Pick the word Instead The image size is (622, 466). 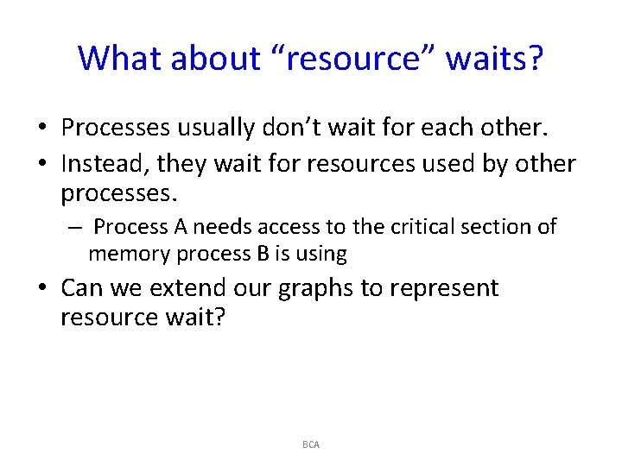click(x=105, y=164)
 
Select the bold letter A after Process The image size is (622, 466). click(x=179, y=227)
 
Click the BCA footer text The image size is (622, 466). click(x=311, y=444)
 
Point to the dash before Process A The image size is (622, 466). click(x=75, y=227)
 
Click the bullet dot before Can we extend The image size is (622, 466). click(x=41, y=288)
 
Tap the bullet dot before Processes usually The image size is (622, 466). click(x=41, y=129)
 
